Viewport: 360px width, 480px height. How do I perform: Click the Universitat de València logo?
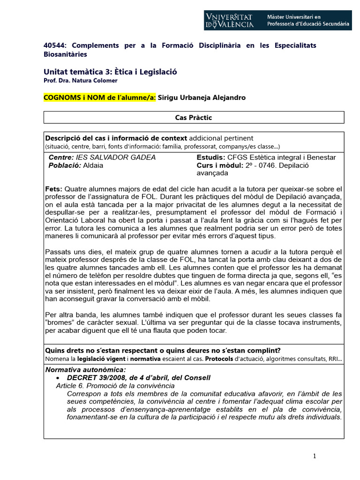click(230, 20)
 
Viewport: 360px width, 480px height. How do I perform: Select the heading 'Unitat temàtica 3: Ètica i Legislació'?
click(110, 72)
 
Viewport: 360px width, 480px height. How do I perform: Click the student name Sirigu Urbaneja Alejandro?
click(202, 97)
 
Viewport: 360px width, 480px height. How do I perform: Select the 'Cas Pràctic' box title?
click(194, 118)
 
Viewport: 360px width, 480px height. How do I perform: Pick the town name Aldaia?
click(93, 165)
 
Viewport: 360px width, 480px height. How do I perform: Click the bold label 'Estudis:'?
click(210, 157)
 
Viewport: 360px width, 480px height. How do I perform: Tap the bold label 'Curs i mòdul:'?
click(219, 165)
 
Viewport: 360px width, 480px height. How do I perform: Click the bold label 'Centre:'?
click(61, 157)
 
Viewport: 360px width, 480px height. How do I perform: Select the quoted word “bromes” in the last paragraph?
click(60, 323)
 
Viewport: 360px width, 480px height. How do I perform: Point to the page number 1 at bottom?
click(315, 457)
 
